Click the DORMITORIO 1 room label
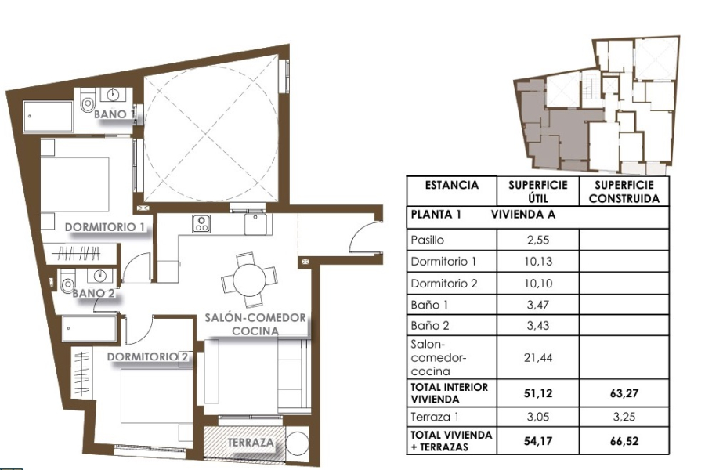pyautogui.click(x=106, y=227)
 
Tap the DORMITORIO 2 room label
pyautogui.click(x=149, y=357)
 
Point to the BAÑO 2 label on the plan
pyautogui.click(x=94, y=294)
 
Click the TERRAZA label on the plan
pyautogui.click(x=251, y=443)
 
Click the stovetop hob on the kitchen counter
pyautogui.click(x=201, y=224)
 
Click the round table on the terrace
pyautogui.click(x=298, y=444)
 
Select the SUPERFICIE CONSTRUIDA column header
pyautogui.click(x=624, y=191)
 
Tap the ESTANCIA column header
pyautogui.click(x=452, y=186)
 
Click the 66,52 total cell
pyautogui.click(x=624, y=440)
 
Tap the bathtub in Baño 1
pyautogui.click(x=48, y=117)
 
